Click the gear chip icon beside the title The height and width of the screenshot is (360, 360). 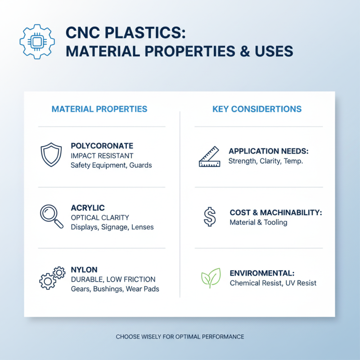37,41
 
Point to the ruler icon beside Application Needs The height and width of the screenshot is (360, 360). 210,156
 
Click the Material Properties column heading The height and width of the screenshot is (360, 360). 99,109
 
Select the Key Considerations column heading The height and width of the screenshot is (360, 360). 257,109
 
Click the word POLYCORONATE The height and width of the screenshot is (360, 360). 102,146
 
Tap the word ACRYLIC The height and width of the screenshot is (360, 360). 88,208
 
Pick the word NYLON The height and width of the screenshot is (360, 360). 84,270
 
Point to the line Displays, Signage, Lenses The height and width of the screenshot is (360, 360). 112,227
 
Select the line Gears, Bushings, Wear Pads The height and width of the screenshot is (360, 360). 115,288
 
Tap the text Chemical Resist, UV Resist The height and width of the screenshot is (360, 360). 273,283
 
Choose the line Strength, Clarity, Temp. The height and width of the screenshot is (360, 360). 266,161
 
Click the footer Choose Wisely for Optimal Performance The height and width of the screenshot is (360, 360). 180,337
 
